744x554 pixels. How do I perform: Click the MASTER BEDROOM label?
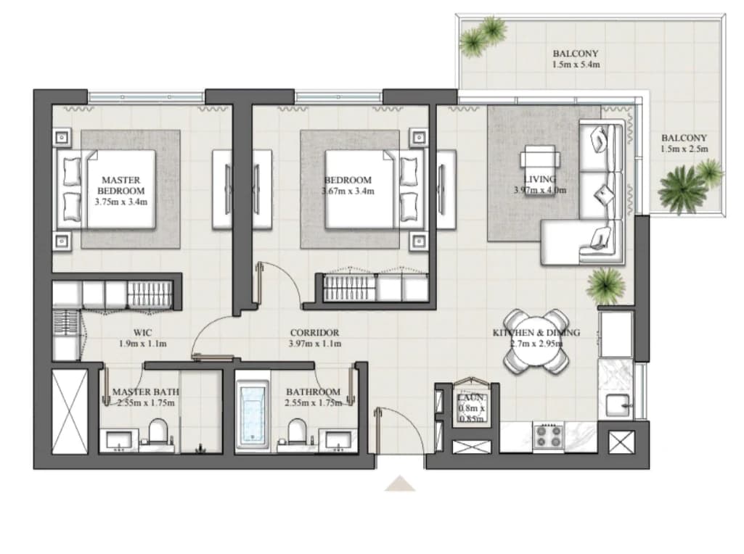pyautogui.click(x=121, y=186)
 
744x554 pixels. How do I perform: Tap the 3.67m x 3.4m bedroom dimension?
pyautogui.click(x=348, y=191)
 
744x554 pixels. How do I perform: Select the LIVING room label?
pyautogui.click(x=540, y=179)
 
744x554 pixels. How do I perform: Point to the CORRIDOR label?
pyautogui.click(x=314, y=333)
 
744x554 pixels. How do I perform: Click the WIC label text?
pyautogui.click(x=142, y=333)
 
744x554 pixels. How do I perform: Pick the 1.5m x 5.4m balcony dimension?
pyautogui.click(x=576, y=65)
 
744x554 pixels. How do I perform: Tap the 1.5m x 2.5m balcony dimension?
pyautogui.click(x=684, y=149)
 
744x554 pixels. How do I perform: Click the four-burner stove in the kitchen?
pyautogui.click(x=549, y=437)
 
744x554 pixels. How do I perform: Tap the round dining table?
pyautogui.click(x=536, y=342)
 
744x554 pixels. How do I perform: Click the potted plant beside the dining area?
pyautogui.click(x=605, y=285)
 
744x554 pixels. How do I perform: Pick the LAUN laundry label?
pyautogui.click(x=471, y=397)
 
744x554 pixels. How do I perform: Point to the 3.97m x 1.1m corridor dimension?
pyautogui.click(x=314, y=344)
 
